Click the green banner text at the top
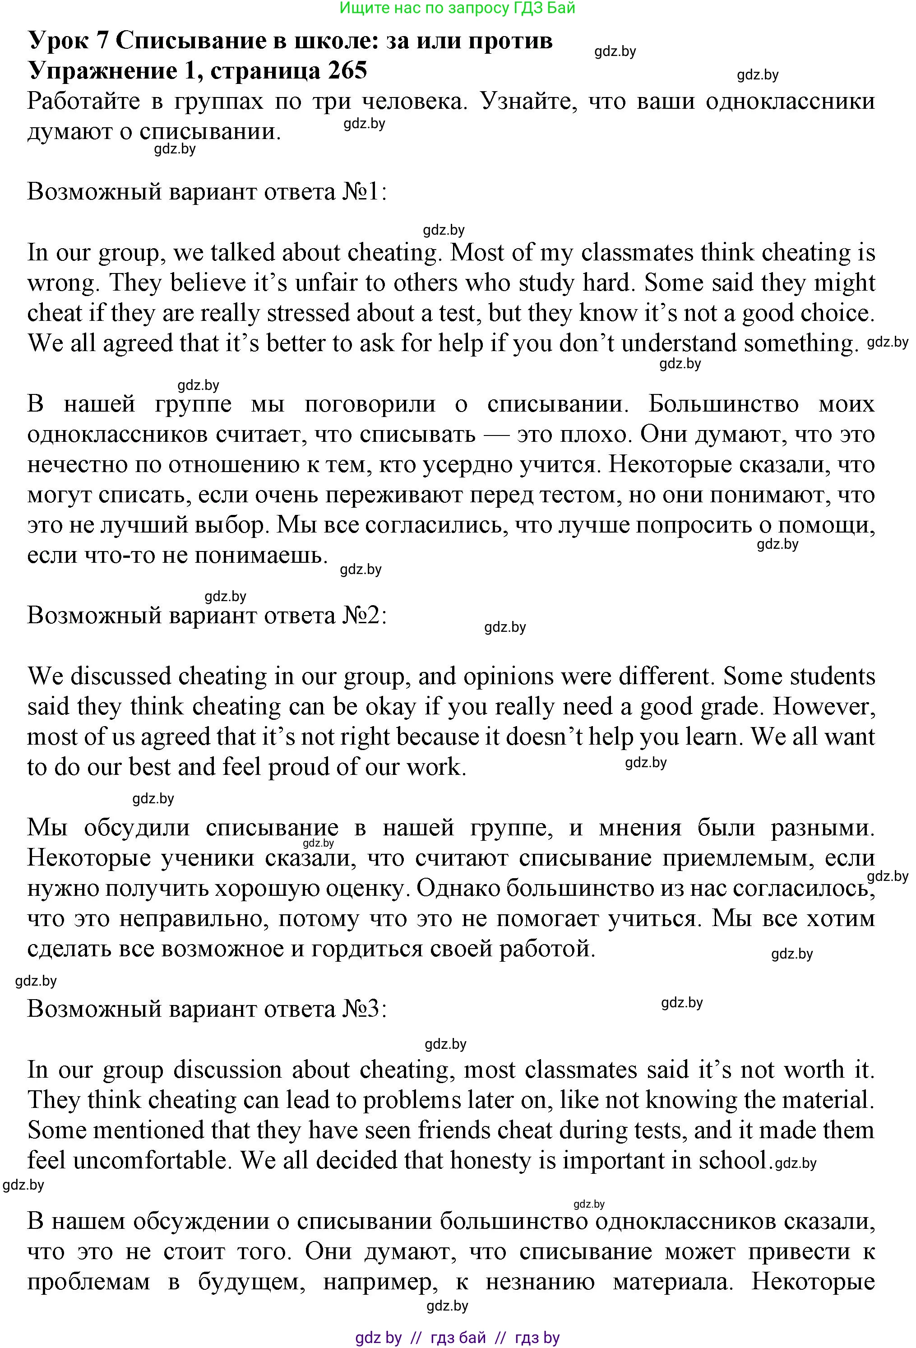pyautogui.click(x=457, y=8)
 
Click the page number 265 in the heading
pyautogui.click(x=347, y=71)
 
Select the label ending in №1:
pyautogui.click(x=207, y=191)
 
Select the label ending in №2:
pyautogui.click(x=207, y=616)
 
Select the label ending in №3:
pyautogui.click(x=207, y=1009)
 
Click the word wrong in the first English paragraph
pyautogui.click(x=63, y=283)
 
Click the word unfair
pyautogui.click(x=323, y=283)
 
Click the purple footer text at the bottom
pyautogui.click(x=457, y=1338)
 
